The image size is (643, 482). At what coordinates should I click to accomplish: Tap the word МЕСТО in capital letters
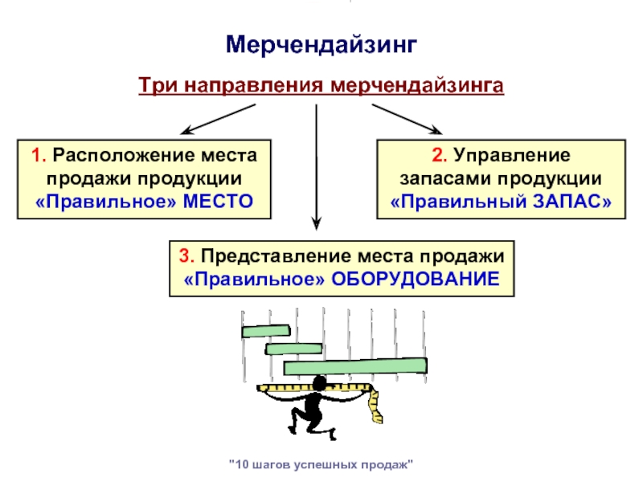pyautogui.click(x=218, y=201)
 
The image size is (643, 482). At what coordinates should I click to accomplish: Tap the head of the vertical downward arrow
pyautogui.click(x=318, y=224)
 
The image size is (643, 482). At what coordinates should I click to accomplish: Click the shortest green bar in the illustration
pyautogui.click(x=266, y=330)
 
